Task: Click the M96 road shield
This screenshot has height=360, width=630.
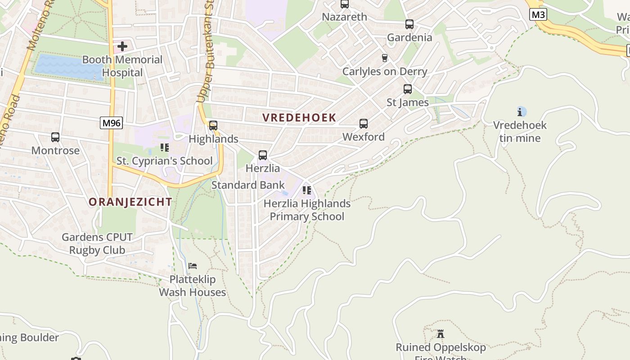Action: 111,123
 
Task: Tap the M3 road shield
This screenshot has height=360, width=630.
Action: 538,14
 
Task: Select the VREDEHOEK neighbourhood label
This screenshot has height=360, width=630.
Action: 299,118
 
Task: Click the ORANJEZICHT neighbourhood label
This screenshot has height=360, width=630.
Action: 130,202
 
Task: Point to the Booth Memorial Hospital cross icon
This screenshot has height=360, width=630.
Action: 122,46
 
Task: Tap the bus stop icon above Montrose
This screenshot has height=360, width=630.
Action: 55,137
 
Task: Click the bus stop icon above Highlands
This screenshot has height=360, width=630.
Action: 213,126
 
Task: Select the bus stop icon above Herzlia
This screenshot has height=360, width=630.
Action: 263,155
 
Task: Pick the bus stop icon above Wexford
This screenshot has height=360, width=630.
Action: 364,124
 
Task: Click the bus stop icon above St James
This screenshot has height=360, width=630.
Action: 408,89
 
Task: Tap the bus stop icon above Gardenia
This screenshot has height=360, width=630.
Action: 409,24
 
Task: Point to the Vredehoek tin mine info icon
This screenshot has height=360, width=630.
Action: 521,112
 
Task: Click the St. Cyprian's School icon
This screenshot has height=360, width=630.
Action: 164,148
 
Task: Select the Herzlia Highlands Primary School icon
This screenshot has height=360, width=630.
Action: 307,190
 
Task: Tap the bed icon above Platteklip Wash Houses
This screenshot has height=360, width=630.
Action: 193,266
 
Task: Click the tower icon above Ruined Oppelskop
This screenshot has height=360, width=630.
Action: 441,334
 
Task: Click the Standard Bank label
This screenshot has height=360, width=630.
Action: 248,185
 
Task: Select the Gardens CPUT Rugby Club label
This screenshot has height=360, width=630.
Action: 97,243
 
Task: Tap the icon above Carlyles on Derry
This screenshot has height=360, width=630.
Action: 384,58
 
